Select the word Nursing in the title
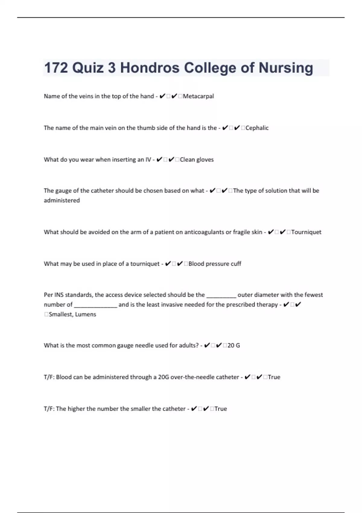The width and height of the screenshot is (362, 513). tap(286, 68)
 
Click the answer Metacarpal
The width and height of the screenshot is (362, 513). tap(198, 96)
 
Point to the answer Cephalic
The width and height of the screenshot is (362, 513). tap(257, 128)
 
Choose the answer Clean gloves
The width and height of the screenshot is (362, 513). tap(197, 160)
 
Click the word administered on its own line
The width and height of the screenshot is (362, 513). tap(62, 200)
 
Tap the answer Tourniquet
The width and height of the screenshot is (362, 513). tap(306, 232)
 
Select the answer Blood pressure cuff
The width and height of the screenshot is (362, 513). tap(215, 264)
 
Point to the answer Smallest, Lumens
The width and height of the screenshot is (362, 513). tap(72, 314)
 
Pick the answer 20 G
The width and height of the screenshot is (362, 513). tap(234, 346)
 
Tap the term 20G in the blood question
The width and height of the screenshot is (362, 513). tap(164, 377)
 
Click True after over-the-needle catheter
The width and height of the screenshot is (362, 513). tap(274, 377)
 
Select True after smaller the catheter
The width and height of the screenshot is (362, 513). tap(221, 409)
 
